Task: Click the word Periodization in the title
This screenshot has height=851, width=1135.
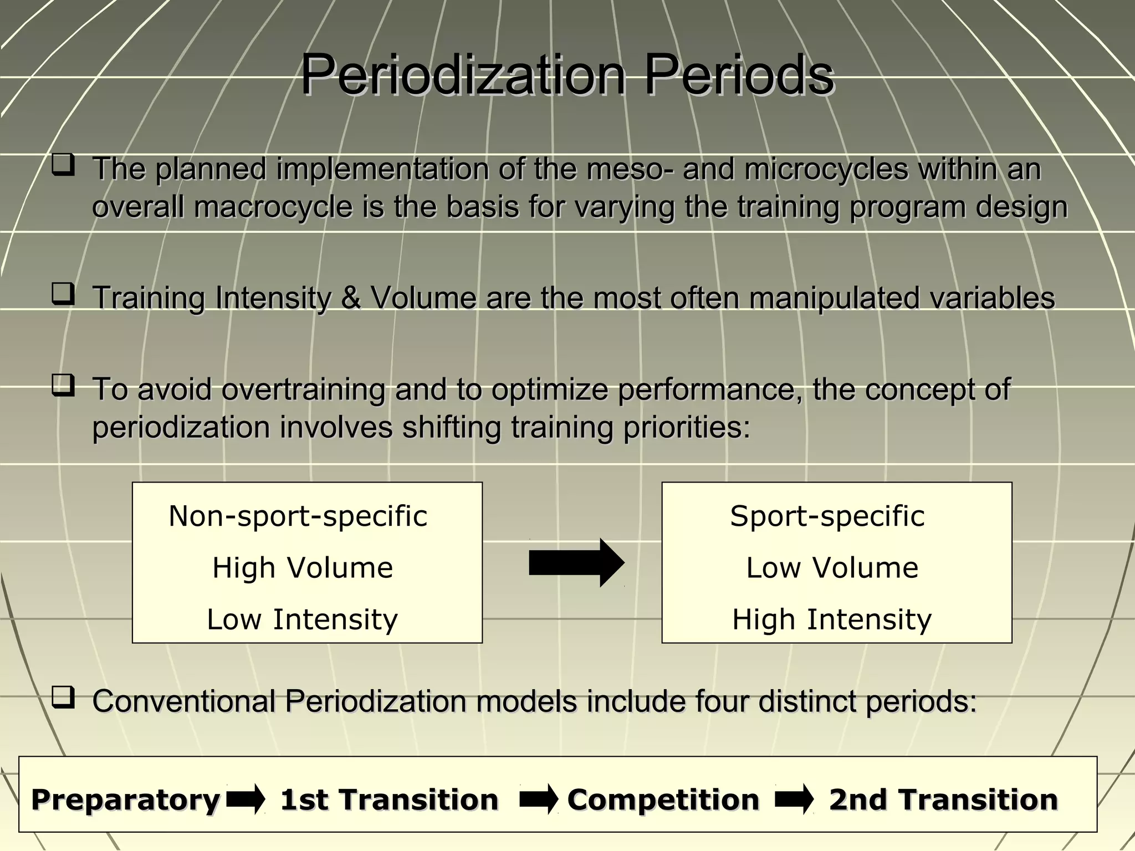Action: click(462, 75)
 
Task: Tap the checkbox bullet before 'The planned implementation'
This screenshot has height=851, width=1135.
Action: click(63, 166)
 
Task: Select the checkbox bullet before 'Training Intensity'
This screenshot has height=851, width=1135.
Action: click(63, 294)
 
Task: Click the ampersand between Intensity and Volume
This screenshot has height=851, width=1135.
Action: click(350, 298)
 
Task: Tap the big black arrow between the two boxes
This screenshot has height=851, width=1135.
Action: click(576, 563)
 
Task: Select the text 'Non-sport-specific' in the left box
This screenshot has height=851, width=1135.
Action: click(298, 516)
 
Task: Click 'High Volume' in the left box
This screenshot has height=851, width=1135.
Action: click(303, 568)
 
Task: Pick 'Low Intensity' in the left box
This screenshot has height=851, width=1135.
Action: click(302, 619)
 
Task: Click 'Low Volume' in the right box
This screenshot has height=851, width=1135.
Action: click(832, 568)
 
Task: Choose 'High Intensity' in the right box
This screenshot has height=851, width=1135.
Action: click(832, 619)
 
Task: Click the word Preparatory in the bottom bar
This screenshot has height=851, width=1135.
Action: click(126, 799)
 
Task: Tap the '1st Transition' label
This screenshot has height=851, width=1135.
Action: click(389, 799)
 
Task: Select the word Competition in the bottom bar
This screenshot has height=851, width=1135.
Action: click(663, 799)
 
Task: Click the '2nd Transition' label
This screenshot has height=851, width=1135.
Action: click(943, 799)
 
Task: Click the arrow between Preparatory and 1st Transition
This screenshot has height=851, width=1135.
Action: click(246, 799)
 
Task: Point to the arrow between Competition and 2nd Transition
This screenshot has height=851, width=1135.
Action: click(794, 799)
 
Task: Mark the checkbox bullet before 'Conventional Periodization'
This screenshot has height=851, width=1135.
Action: click(63, 698)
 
